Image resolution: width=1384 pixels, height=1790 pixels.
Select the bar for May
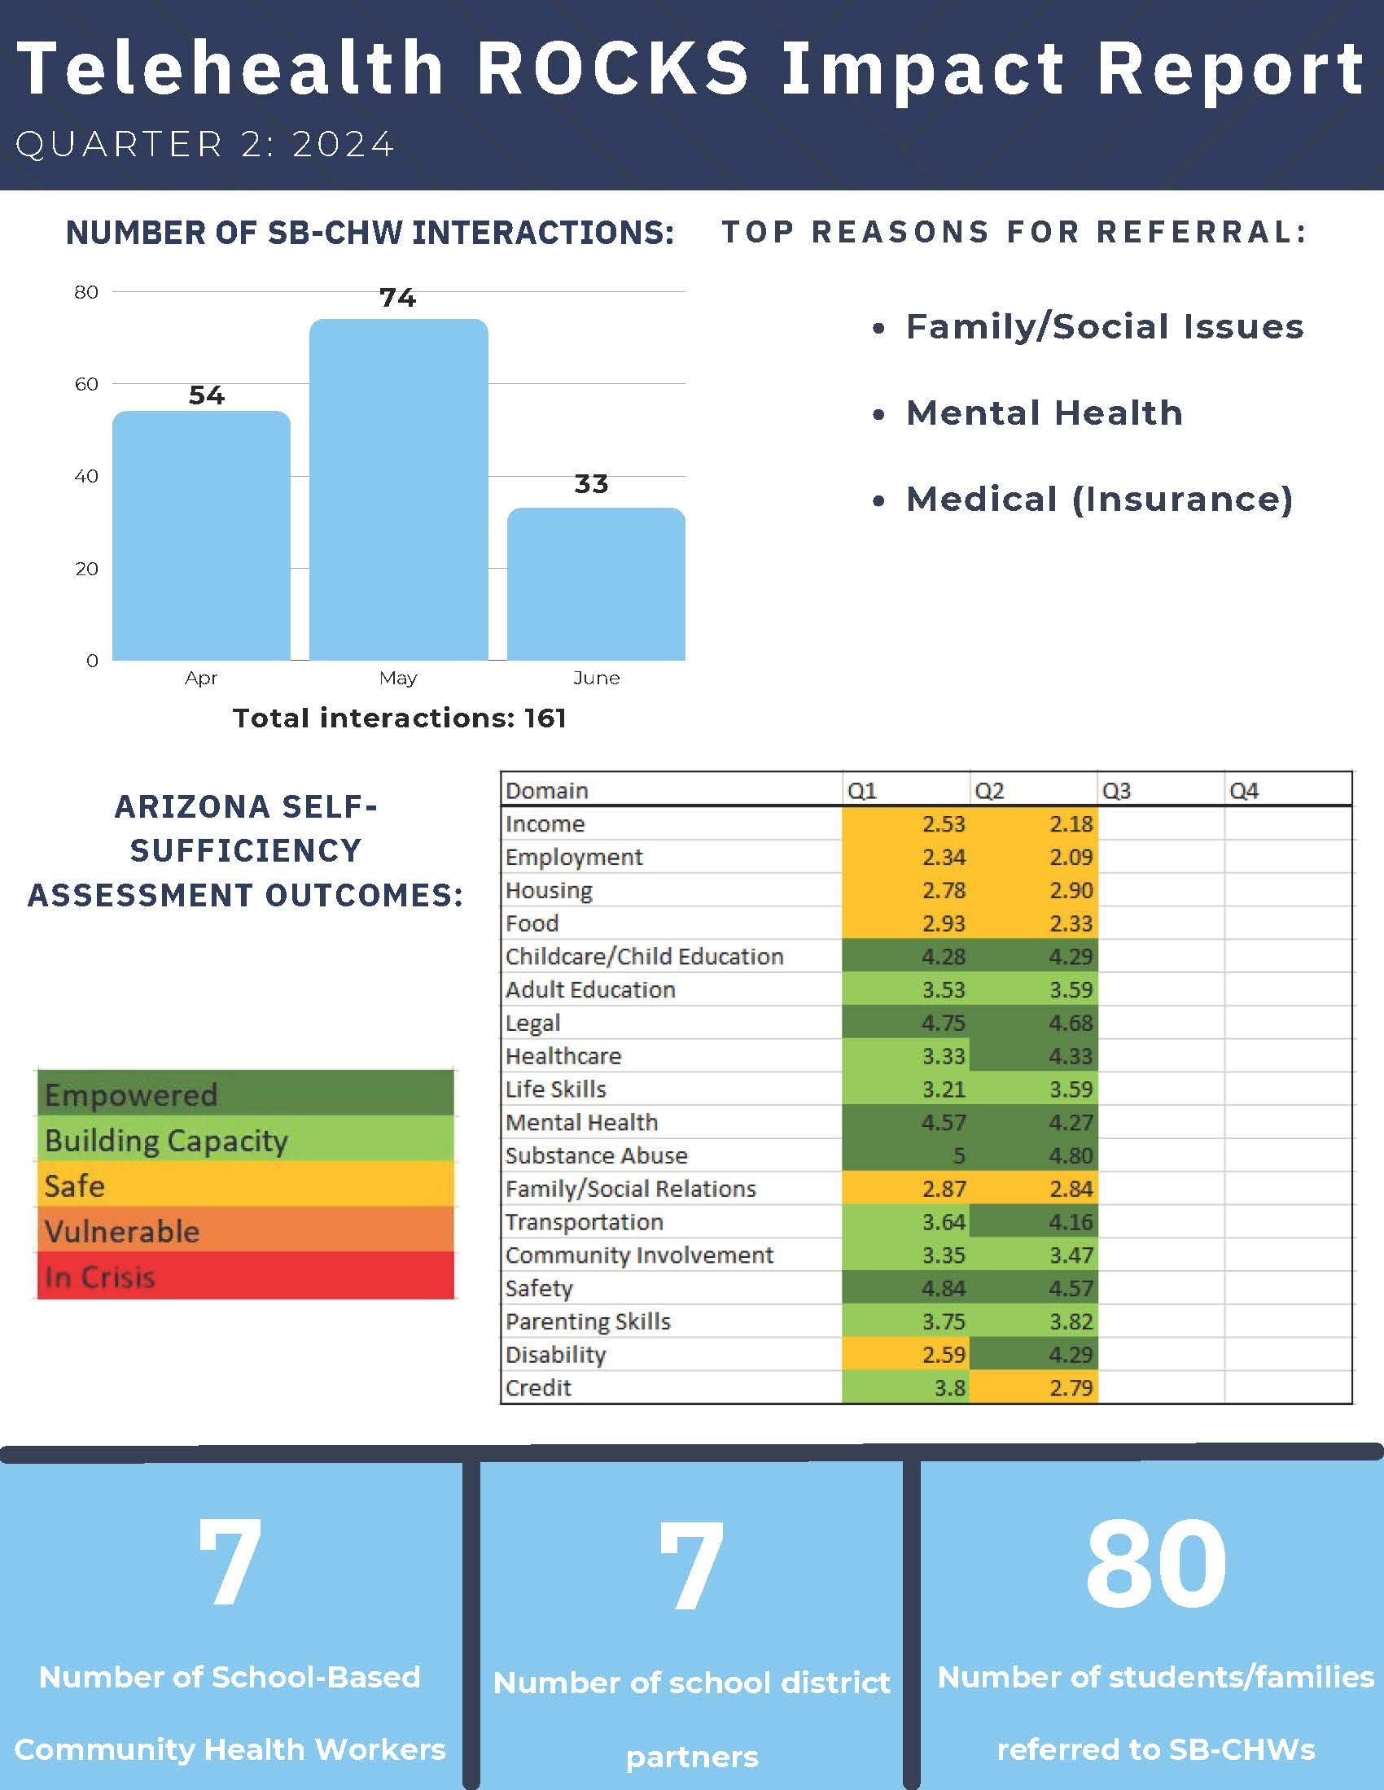[x=398, y=489]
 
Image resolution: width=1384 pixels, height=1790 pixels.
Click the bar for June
[x=596, y=583]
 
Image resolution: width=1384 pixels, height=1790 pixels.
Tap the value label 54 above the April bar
[x=207, y=395]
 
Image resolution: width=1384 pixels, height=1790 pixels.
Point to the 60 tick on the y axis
[x=86, y=383]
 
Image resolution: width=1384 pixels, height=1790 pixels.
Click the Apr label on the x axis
[x=201, y=678]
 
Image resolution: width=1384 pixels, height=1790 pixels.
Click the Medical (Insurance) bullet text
[x=1100, y=499]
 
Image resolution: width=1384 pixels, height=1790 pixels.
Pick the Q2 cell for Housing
[x=1033, y=890]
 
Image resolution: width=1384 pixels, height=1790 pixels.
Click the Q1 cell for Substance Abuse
[x=905, y=1155]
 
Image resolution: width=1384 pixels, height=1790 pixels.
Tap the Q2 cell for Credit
[x=1033, y=1387]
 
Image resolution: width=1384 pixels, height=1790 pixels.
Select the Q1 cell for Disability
[x=905, y=1355]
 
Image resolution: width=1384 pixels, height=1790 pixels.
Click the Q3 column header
[x=1117, y=791]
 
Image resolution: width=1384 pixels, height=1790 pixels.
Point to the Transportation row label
[x=584, y=1222]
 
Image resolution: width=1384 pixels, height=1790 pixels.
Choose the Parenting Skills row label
[x=588, y=1321]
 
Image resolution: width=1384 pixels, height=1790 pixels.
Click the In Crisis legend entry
[x=245, y=1276]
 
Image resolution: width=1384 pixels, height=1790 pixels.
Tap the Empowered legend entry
[x=245, y=1094]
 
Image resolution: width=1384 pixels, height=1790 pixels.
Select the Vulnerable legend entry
[x=245, y=1230]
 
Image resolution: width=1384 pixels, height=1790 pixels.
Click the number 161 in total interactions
[x=545, y=718]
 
